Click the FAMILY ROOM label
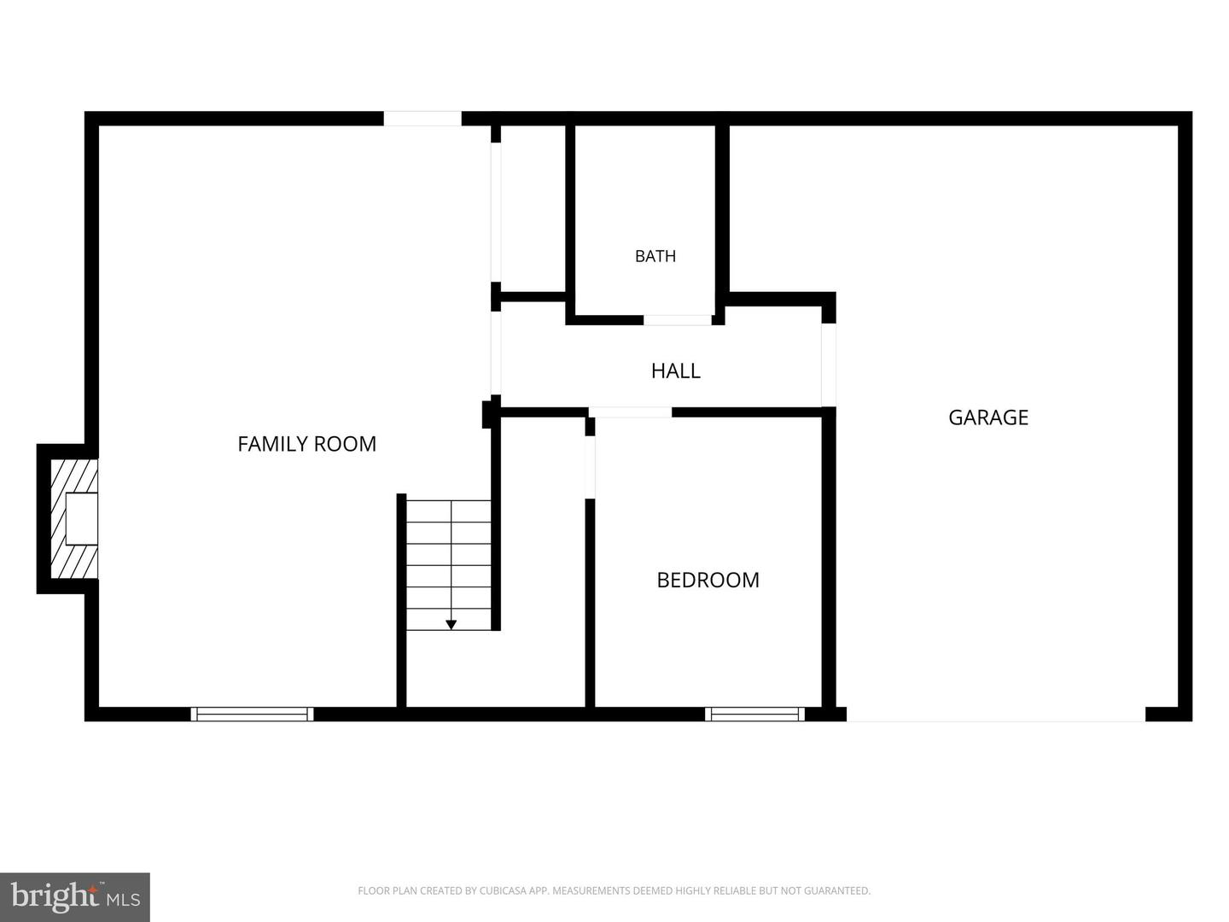[x=307, y=444]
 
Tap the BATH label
[x=655, y=256]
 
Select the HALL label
[x=675, y=371]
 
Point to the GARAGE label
[x=988, y=417]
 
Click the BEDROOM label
[x=708, y=580]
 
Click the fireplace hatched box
[x=74, y=519]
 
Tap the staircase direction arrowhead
[x=451, y=625]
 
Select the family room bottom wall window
[x=252, y=715]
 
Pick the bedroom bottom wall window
[x=754, y=715]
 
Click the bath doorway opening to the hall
[x=678, y=320]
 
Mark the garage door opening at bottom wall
[x=995, y=715]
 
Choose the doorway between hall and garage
[x=829, y=365]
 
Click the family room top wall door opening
[x=422, y=119]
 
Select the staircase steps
[x=448, y=565]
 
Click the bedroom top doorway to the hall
[x=630, y=412]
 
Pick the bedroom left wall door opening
[x=590, y=467]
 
